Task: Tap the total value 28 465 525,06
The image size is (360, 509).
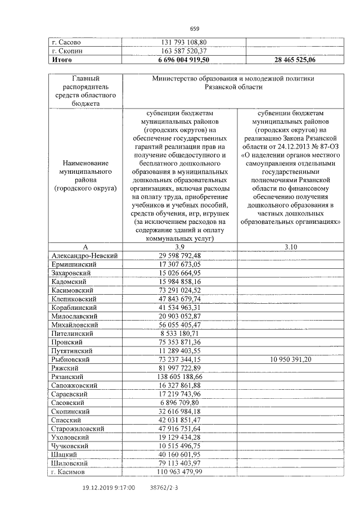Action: pyautogui.click(x=290, y=59)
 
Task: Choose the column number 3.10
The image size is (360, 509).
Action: pyautogui.click(x=290, y=246)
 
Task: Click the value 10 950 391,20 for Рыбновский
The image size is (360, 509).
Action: pyautogui.click(x=290, y=359)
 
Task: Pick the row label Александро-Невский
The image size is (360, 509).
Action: pyautogui.click(x=84, y=255)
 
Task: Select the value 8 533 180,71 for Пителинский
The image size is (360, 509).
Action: pyautogui.click(x=180, y=333)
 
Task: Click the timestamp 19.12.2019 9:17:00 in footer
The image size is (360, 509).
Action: pyautogui.click(x=108, y=488)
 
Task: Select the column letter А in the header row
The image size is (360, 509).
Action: pyautogui.click(x=85, y=246)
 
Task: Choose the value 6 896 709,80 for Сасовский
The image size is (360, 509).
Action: pyautogui.click(x=180, y=402)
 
